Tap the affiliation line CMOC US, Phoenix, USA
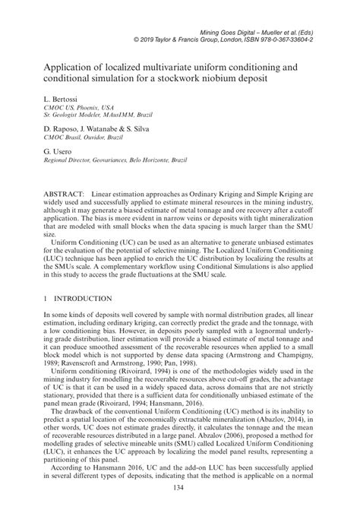(x=67, y=108)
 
